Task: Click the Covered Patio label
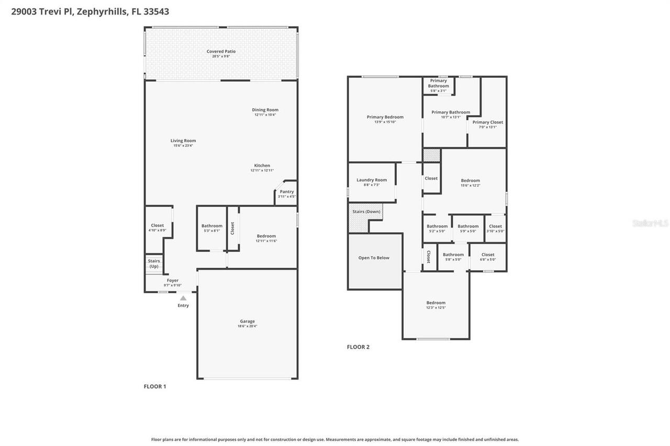click(x=221, y=51)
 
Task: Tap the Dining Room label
click(x=265, y=110)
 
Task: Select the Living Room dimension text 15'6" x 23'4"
click(x=183, y=145)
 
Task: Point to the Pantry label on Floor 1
click(x=287, y=192)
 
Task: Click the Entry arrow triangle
click(x=183, y=298)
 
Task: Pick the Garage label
click(x=247, y=322)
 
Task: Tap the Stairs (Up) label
click(x=154, y=264)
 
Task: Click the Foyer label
click(x=172, y=281)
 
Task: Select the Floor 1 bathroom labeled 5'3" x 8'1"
click(x=211, y=226)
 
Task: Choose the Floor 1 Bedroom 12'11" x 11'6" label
click(x=266, y=236)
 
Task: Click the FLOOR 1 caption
click(x=155, y=386)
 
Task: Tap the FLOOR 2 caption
click(x=358, y=347)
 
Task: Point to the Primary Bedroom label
click(x=385, y=117)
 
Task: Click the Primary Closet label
click(x=487, y=122)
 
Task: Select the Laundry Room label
click(x=372, y=180)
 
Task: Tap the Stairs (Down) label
click(x=366, y=211)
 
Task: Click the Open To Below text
click(x=374, y=258)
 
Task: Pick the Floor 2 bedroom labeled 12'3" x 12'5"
click(x=435, y=303)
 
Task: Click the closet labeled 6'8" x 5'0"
click(x=488, y=255)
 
